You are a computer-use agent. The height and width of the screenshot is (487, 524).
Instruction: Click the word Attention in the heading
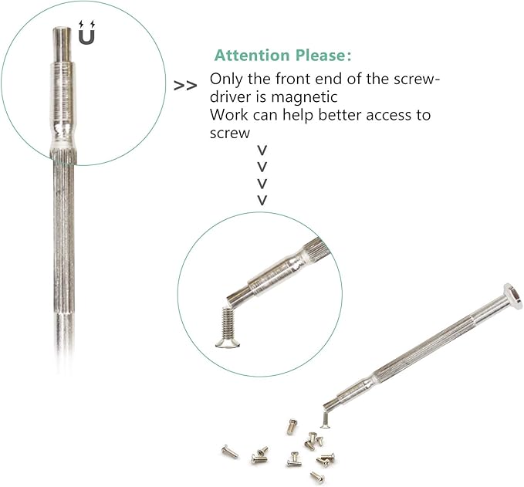coord(252,56)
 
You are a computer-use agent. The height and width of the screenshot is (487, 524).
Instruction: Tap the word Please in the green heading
coord(323,56)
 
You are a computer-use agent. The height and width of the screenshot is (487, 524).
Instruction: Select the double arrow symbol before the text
coord(185,86)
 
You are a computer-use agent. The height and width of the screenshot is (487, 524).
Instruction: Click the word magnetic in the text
coord(304,97)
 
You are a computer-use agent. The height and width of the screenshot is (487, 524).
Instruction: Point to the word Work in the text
coord(229,115)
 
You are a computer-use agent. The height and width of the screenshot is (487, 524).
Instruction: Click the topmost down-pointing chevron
coord(262,150)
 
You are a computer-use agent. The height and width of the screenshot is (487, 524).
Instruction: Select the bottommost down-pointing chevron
coord(262,200)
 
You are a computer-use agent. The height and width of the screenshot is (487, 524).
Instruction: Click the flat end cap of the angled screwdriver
coord(513,296)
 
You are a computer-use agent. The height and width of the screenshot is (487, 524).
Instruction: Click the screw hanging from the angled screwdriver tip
coord(325,420)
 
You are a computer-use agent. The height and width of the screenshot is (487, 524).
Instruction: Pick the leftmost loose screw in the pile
coord(229,452)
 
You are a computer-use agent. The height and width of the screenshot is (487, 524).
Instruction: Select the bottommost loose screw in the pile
coord(317,477)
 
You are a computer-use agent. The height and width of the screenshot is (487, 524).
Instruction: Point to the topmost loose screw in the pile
coord(292,427)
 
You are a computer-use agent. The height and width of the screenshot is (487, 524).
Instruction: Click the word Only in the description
coord(226,79)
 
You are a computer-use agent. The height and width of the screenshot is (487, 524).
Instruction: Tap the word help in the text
coord(298,116)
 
